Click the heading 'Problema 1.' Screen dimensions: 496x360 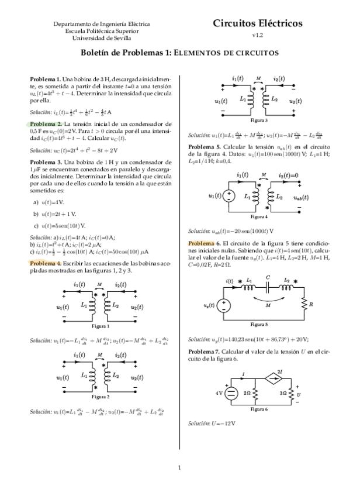(45, 78)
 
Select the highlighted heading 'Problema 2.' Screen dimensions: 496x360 (45, 125)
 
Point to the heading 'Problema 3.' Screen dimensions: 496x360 (45, 161)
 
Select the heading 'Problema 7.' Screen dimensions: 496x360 (204, 351)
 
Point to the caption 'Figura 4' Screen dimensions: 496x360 (255, 216)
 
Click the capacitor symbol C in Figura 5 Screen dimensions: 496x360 (267, 287)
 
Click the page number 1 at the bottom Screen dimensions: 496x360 (180, 467)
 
